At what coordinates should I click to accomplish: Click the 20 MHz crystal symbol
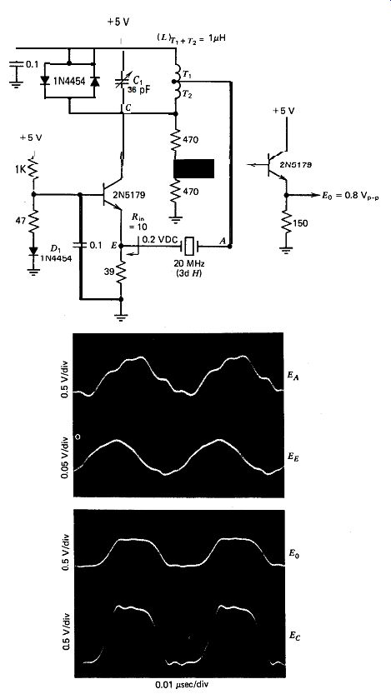point(188,245)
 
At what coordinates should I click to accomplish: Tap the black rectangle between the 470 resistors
point(193,168)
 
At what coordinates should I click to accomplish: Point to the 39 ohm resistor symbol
point(121,272)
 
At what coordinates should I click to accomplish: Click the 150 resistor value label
point(301,223)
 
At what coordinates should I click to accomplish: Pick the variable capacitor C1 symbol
point(123,81)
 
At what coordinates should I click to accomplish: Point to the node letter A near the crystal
point(222,240)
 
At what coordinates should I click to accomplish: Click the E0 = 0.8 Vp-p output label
point(350,196)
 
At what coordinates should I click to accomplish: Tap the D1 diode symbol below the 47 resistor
point(33,252)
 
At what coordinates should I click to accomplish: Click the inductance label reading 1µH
point(219,39)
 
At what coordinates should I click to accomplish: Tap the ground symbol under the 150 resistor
point(286,250)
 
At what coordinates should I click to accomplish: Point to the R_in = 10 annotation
point(138,222)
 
